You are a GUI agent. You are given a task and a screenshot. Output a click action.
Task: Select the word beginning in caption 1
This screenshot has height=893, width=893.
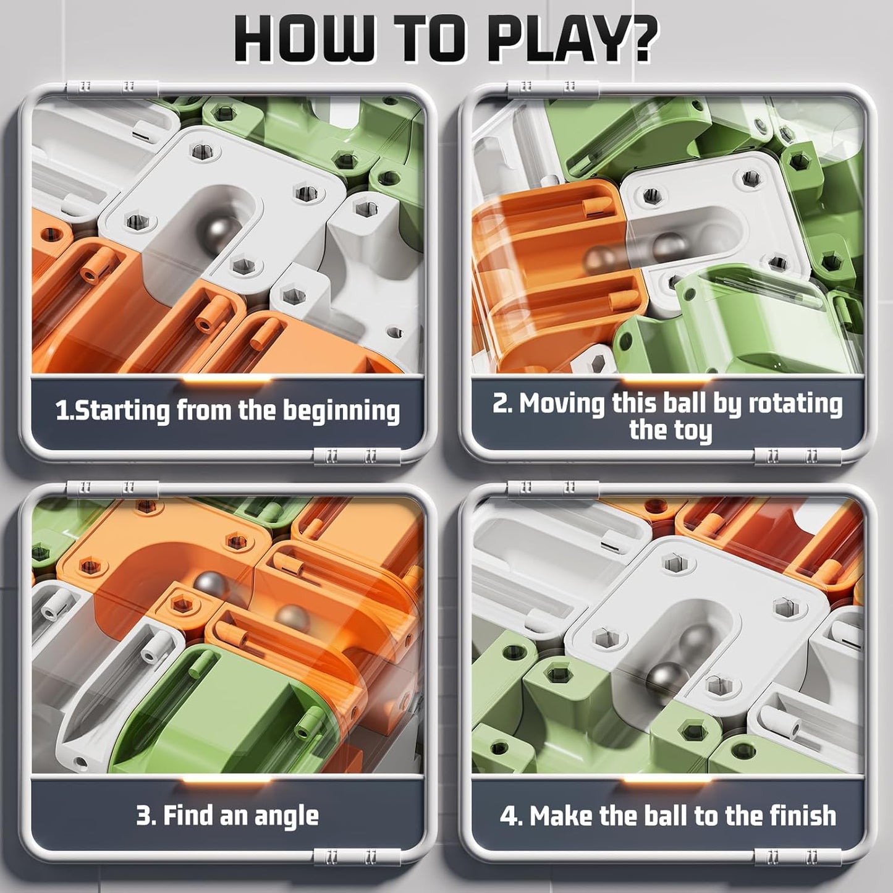pyautogui.click(x=341, y=412)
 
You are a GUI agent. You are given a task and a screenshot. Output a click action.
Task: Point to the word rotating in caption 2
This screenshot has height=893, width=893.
pyautogui.click(x=795, y=404)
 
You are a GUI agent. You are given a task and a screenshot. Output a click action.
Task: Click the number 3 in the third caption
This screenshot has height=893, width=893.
pyautogui.click(x=143, y=815)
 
